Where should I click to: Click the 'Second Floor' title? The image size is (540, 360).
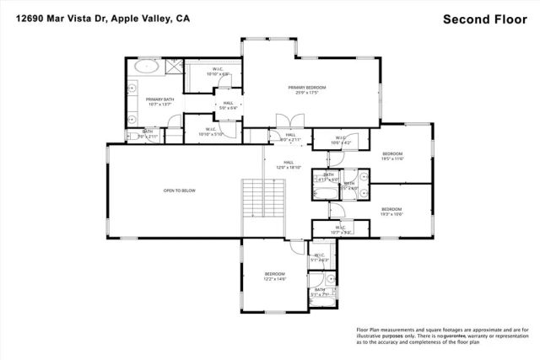coord(483,19)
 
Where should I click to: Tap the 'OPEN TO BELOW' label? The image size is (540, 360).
coord(179,191)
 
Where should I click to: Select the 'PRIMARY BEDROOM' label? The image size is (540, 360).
coord(306,89)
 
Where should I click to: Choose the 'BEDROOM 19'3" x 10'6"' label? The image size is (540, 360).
coord(392,211)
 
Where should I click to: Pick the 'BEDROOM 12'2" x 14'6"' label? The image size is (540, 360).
coord(275,277)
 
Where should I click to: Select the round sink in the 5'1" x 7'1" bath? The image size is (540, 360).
coord(332,278)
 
